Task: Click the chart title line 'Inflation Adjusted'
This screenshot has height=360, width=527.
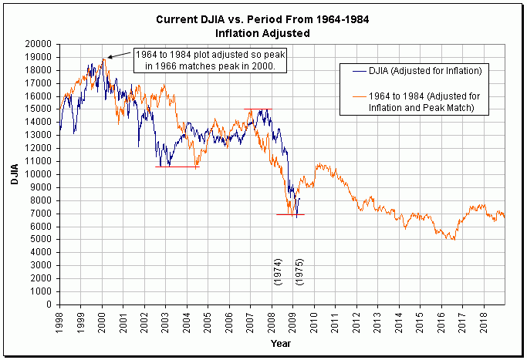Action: pyautogui.click(x=262, y=34)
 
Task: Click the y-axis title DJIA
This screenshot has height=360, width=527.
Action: pyautogui.click(x=13, y=173)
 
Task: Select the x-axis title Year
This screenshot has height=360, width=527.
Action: pyautogui.click(x=281, y=343)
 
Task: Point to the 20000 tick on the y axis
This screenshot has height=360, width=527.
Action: pyautogui.click(x=41, y=43)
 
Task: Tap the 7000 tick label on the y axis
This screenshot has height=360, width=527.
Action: pyautogui.click(x=43, y=214)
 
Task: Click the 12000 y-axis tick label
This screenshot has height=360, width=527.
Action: pyautogui.click(x=41, y=148)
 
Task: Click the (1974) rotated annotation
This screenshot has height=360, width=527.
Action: pyautogui.click(x=279, y=272)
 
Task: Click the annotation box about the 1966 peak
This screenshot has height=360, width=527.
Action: pyautogui.click(x=210, y=60)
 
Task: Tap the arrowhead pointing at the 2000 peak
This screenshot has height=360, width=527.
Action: pyautogui.click(x=109, y=57)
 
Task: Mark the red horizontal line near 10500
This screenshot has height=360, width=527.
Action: pyautogui.click(x=177, y=167)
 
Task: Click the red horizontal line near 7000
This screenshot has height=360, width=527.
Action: pyautogui.click(x=290, y=214)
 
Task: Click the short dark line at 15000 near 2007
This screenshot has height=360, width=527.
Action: pyautogui.click(x=258, y=109)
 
